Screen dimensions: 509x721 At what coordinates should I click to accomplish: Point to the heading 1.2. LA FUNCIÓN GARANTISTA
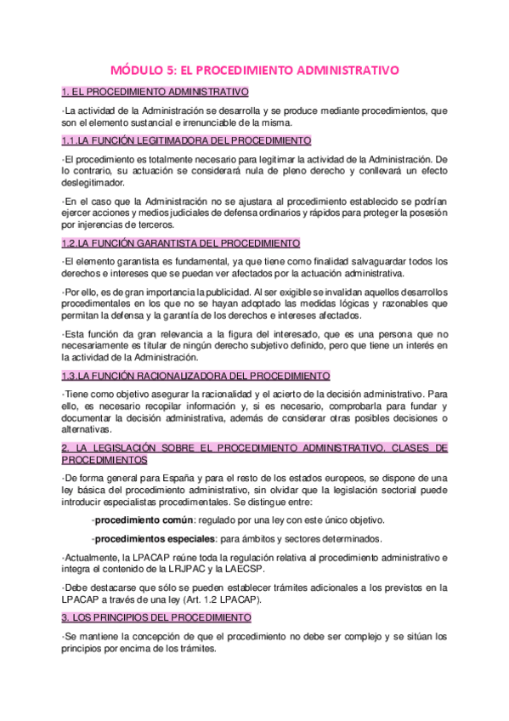(181, 242)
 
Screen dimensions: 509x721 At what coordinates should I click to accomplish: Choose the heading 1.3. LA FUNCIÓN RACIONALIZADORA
(196, 375)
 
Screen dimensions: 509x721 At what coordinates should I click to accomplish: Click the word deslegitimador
(93, 183)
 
